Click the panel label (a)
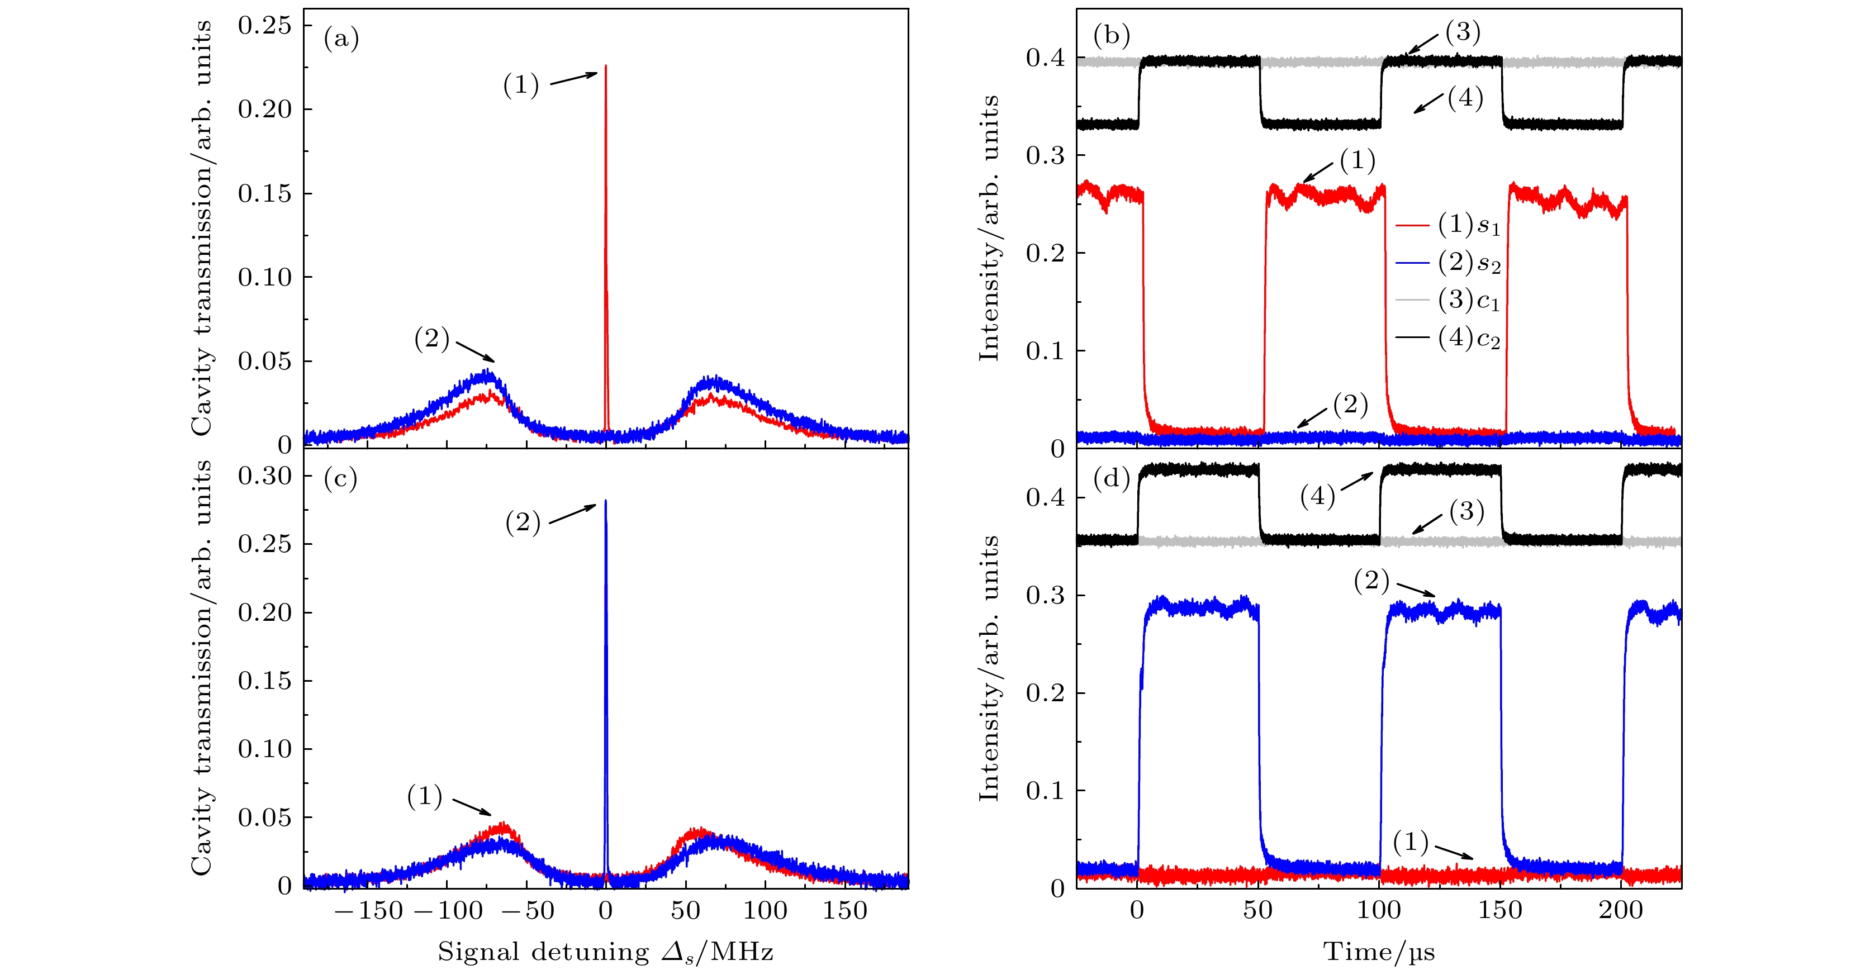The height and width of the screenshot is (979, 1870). coord(341,39)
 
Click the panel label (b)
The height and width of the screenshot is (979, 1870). coord(1110,35)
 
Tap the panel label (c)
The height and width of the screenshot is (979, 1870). coord(340,478)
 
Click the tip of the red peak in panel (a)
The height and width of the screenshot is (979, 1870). coord(605,66)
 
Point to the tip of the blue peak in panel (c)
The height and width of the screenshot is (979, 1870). coord(605,501)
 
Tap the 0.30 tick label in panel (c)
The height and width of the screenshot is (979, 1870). coord(264,476)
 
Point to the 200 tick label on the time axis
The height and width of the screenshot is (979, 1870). coord(1620,910)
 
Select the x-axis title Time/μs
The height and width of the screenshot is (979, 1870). coord(1379,952)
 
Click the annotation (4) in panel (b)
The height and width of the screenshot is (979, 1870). coord(1465,98)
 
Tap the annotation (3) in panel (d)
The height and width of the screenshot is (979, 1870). coord(1466,512)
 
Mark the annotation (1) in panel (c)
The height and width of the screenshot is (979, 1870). coord(425,796)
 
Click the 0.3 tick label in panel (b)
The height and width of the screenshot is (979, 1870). coord(1045,155)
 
